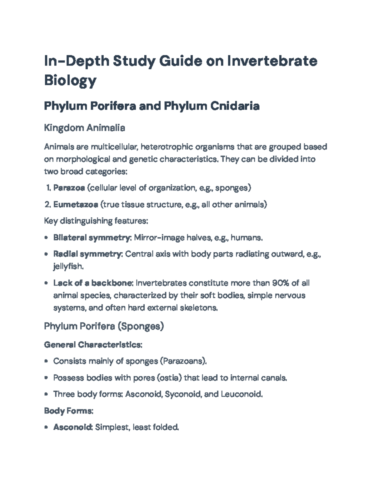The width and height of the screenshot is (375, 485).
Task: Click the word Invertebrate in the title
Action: [272, 61]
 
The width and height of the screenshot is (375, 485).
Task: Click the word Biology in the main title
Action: [70, 80]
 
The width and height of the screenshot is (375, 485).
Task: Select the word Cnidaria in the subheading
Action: [235, 106]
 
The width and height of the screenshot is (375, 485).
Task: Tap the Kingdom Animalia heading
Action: [84, 128]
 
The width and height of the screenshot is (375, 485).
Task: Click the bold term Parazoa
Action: [69, 188]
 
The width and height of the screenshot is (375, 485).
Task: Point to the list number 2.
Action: [47, 205]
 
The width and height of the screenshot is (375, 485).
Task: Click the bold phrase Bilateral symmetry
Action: [92, 238]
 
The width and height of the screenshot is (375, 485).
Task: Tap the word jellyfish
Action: [68, 266]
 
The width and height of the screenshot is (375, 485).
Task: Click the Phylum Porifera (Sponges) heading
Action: [104, 326]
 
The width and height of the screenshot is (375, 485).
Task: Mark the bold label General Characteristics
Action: [93, 345]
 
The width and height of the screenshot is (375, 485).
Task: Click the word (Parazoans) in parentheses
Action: [183, 361]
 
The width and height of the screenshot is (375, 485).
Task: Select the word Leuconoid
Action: [241, 394]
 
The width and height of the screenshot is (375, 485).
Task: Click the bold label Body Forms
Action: [68, 411]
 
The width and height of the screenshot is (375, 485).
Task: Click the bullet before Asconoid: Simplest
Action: [46, 427]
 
